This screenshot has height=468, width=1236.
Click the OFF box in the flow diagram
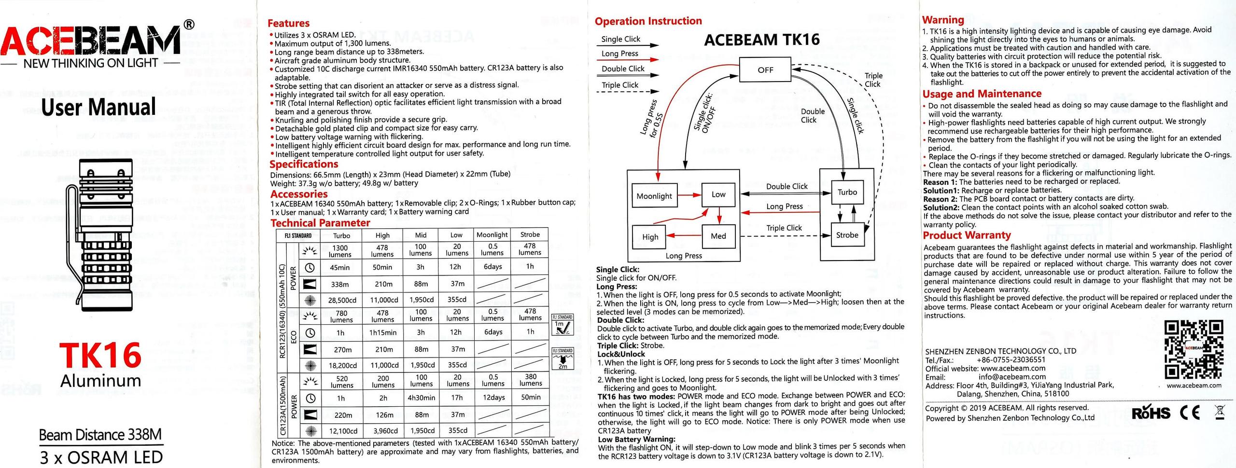tap(765, 70)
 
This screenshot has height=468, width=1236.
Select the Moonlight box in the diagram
tap(654, 196)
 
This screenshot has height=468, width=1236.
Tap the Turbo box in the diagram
tap(847, 192)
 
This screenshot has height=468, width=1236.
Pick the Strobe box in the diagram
tap(847, 235)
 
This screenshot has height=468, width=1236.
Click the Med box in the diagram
tap(718, 236)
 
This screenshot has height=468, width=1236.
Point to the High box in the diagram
tap(650, 237)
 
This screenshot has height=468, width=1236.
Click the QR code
tap(1194, 350)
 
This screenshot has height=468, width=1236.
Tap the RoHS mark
tap(1151, 413)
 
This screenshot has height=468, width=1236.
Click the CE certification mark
tap(1190, 413)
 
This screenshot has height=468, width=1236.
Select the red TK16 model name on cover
tap(100, 356)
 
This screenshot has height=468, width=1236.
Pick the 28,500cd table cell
tap(342, 300)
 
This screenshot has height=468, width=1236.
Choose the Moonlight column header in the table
tap(492, 235)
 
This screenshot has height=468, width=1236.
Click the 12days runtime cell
tap(493, 398)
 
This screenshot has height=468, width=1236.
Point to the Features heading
tap(288, 23)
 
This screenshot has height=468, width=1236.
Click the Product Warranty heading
tap(967, 235)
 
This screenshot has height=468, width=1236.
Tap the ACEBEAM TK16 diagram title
tap(761, 40)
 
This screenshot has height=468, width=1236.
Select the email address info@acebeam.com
tap(1012, 377)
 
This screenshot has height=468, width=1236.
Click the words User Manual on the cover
tap(98, 107)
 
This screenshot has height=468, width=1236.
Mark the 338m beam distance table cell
tap(340, 284)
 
